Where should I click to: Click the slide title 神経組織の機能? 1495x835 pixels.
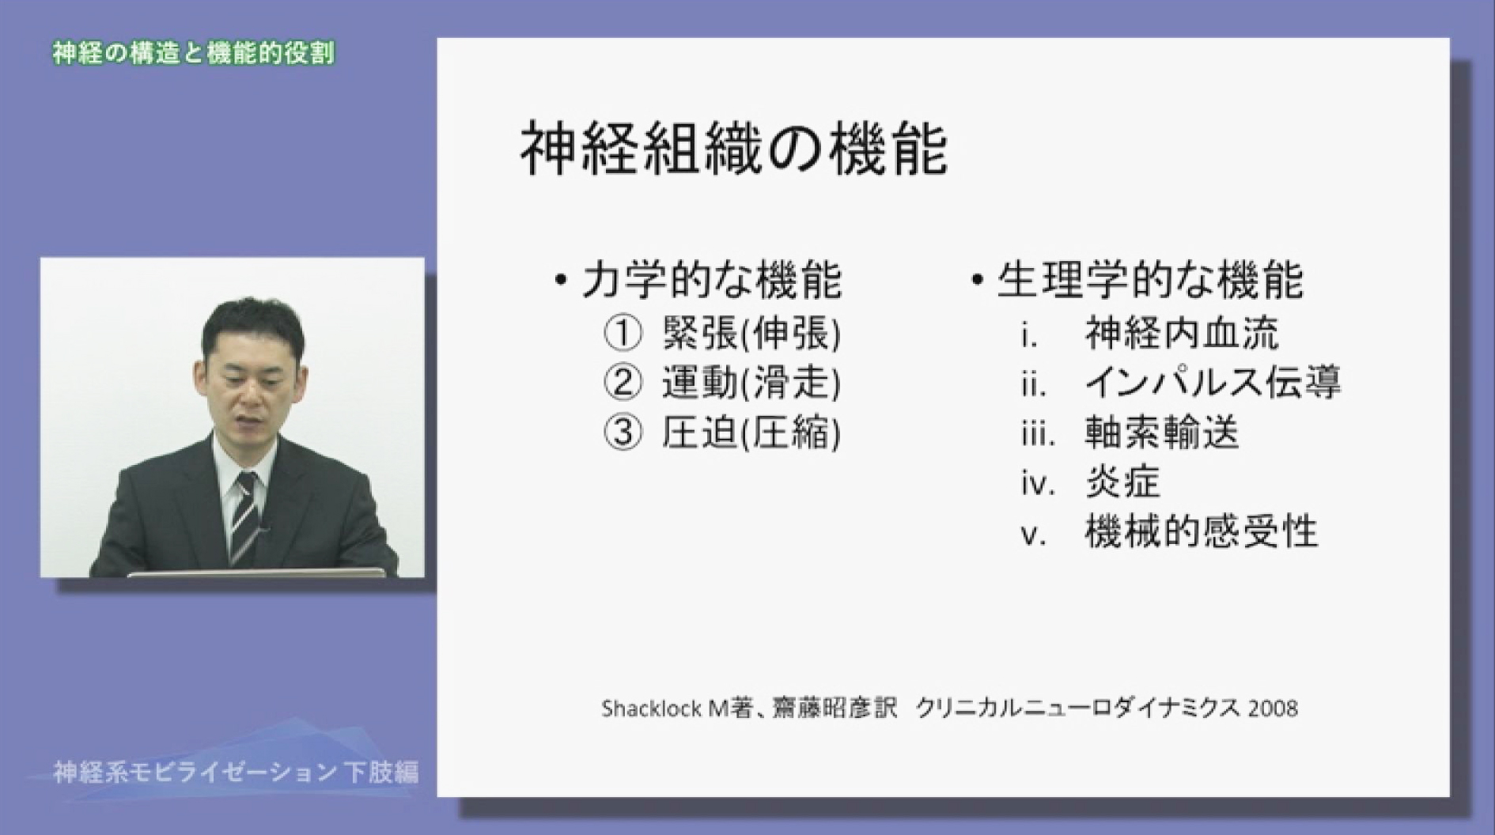coord(733,149)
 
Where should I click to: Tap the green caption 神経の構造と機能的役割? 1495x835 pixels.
coord(194,54)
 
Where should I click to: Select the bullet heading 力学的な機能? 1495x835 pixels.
coord(710,280)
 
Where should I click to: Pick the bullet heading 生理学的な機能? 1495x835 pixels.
coord(1149,280)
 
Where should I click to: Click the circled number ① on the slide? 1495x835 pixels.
coord(623,334)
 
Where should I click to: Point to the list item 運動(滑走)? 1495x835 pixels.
coord(751,383)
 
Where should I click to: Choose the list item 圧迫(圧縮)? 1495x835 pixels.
coord(751,433)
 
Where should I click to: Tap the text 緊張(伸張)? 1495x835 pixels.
coord(751,334)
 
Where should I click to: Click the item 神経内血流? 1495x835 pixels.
coord(1181,334)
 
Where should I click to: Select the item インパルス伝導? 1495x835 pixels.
coord(1213,383)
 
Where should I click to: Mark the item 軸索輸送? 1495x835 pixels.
coord(1161,433)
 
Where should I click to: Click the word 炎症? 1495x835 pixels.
coord(1122,482)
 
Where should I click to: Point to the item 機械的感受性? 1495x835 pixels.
coord(1201,532)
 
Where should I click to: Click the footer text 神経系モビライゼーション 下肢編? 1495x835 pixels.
coord(235,772)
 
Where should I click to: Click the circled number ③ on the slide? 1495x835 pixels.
coord(623,433)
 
